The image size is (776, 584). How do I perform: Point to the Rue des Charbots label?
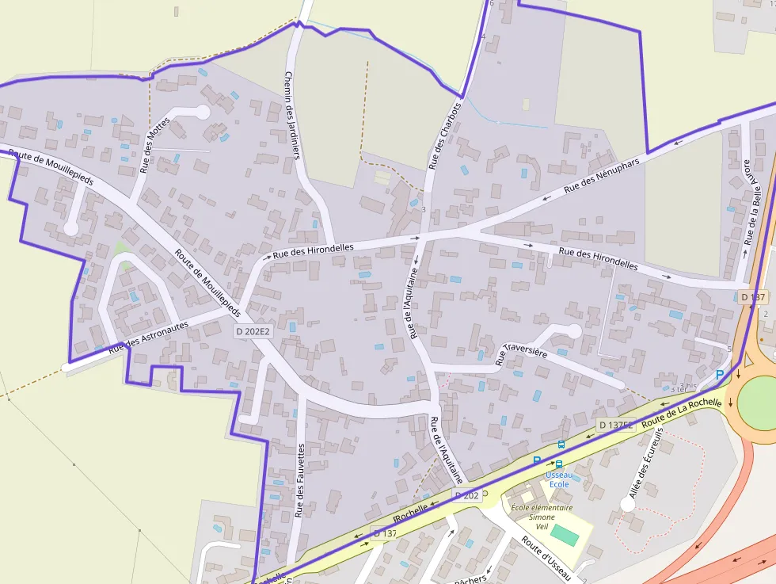pyautogui.click(x=443, y=136)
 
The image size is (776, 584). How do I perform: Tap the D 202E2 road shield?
pyautogui.click(x=253, y=332)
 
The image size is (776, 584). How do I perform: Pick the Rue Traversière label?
pyautogui.click(x=521, y=353)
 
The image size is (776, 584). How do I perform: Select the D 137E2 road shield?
pyautogui.click(x=616, y=426)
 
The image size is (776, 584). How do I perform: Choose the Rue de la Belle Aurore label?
pyautogui.click(x=755, y=201)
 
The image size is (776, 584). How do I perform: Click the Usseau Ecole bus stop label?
pyautogui.click(x=557, y=479)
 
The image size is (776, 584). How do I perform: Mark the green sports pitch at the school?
pyautogui.click(x=564, y=534)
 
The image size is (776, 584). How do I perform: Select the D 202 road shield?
pyautogui.click(x=466, y=495)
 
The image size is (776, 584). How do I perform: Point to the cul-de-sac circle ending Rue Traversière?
pyautogui.click(x=574, y=331)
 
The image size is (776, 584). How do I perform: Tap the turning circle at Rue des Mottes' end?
pyautogui.click(x=203, y=113)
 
